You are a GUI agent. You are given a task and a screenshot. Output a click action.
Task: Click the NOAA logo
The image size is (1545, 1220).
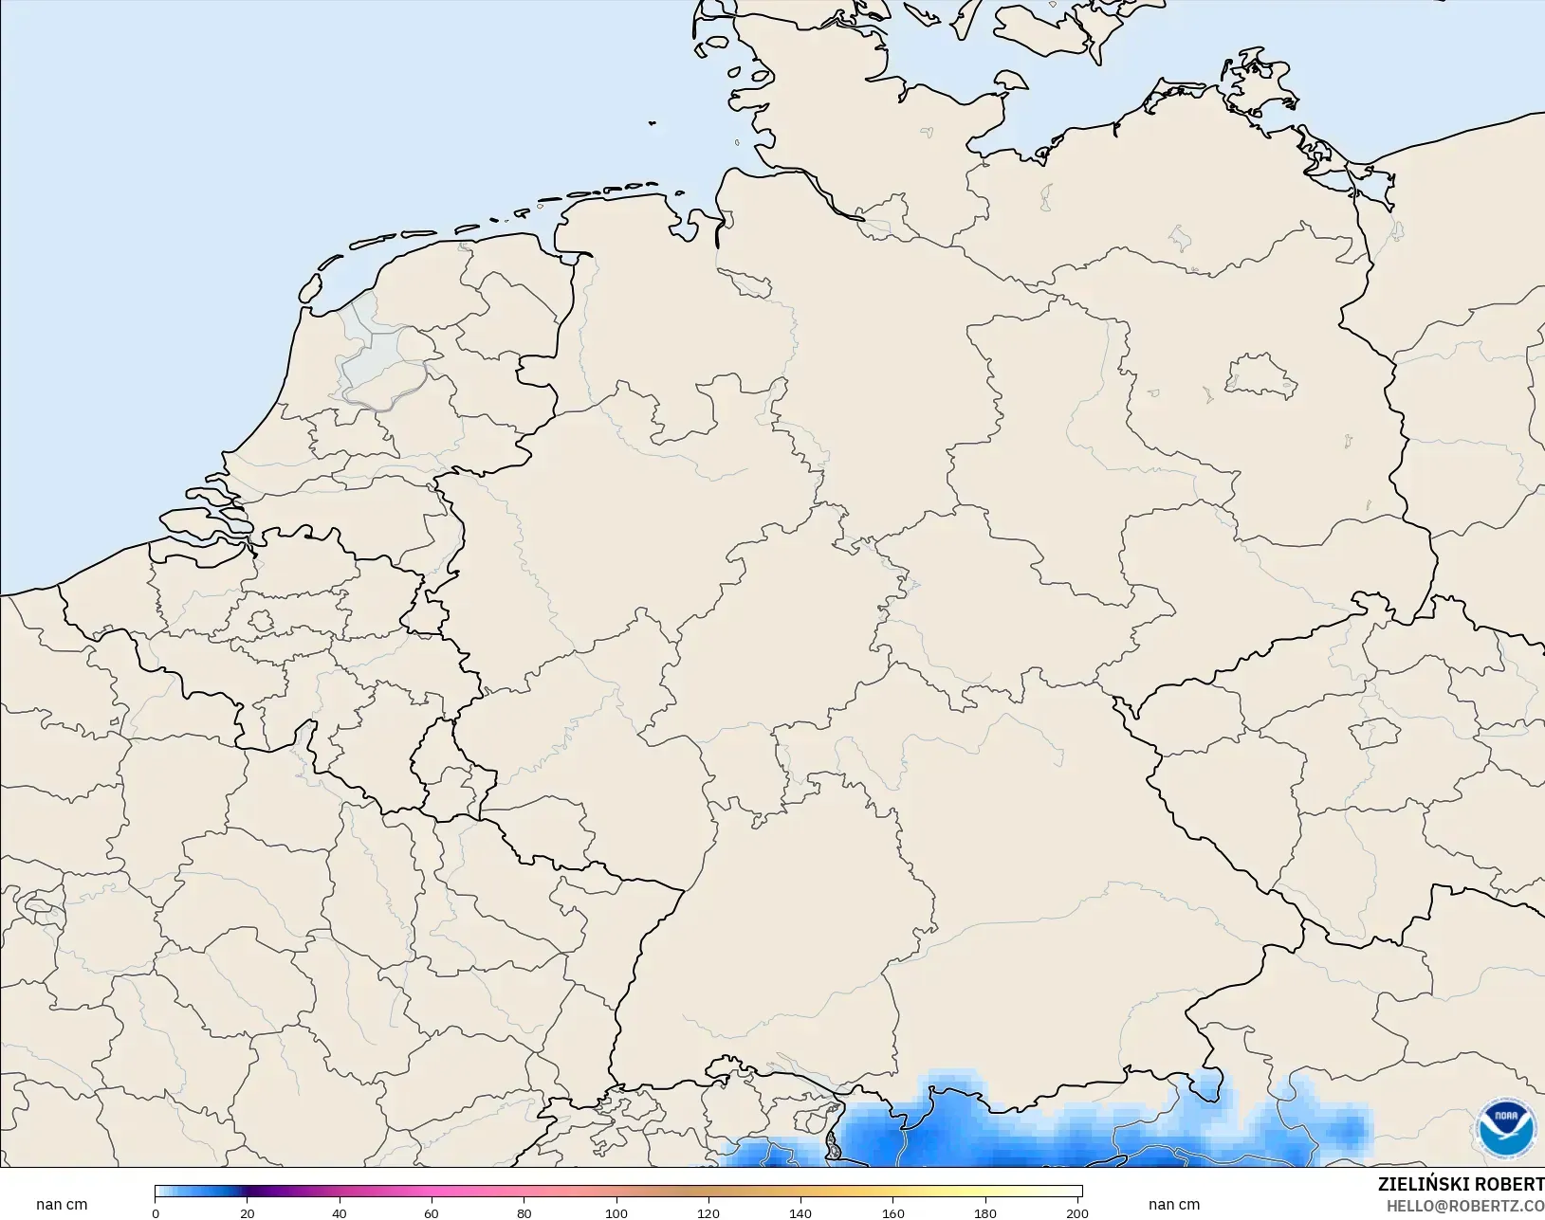coord(1506,1128)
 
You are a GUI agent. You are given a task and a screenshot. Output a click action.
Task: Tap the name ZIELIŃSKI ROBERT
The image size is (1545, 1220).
coord(1461,1184)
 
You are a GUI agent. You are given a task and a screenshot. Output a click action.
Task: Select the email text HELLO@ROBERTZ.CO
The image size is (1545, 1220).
coord(1465,1206)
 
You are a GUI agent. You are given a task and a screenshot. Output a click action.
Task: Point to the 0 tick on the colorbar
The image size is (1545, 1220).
coord(156,1212)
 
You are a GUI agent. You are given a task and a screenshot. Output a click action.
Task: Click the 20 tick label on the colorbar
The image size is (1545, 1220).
coord(248,1212)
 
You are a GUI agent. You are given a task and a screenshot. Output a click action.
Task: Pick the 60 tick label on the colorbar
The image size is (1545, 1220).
coord(432,1212)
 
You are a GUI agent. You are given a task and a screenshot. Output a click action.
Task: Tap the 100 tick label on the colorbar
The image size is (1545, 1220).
coord(616,1212)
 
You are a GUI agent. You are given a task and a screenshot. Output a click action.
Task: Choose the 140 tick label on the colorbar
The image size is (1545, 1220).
coord(800,1212)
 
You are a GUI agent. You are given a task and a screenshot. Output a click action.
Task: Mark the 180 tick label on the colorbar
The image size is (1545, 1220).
coord(985,1212)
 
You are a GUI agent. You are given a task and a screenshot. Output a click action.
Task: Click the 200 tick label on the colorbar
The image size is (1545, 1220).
coord(1077,1212)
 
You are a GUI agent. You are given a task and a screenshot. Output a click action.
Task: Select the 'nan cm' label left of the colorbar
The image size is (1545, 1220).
coord(62,1205)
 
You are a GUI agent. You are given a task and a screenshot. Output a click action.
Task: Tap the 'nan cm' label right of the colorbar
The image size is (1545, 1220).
coord(1174,1205)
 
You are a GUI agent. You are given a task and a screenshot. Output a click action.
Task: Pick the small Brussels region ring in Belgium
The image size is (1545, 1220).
coord(261,622)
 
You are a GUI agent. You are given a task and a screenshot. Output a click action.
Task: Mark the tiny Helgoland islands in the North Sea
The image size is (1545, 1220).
coord(653,122)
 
